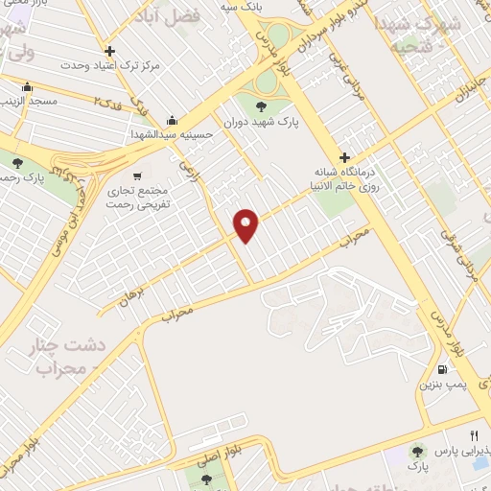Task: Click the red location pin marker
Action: [246, 225]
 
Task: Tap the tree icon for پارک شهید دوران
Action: [263, 106]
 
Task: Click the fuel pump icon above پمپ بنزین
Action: [441, 369]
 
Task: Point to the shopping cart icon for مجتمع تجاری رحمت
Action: [138, 175]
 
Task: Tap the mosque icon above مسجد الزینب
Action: [26, 84]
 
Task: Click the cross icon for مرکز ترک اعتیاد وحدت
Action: [110, 51]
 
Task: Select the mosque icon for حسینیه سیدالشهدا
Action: [172, 120]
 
